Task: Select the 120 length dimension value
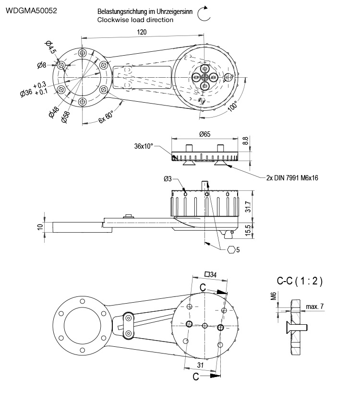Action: [141, 32]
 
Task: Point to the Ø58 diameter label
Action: [66, 116]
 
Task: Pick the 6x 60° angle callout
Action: [106, 117]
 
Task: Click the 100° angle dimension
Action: [233, 106]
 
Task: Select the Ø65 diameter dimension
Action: [204, 134]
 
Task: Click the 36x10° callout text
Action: [144, 146]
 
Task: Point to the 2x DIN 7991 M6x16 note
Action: [292, 177]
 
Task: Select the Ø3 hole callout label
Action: [168, 178]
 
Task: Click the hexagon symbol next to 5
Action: [231, 249]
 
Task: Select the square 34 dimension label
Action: [210, 274]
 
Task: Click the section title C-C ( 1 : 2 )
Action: [300, 282]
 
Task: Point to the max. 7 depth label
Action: [314, 306]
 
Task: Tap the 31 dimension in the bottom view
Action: [200, 366]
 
